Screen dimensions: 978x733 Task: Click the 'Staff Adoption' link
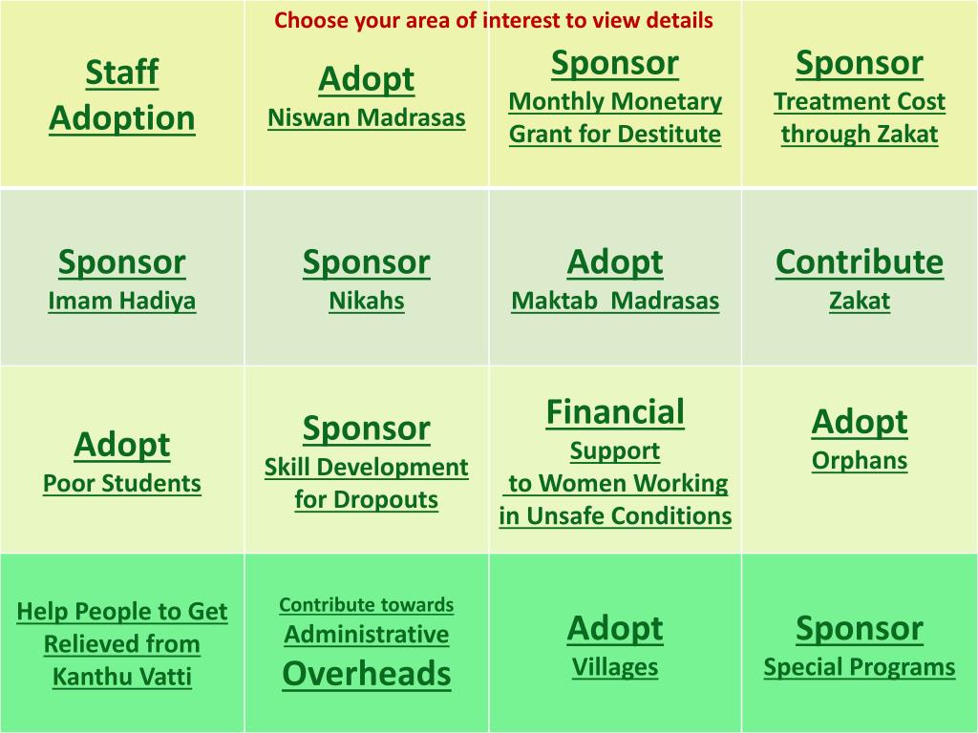coord(122,94)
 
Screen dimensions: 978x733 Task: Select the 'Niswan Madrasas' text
coord(367,117)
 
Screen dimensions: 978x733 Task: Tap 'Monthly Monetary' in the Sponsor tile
coord(615,101)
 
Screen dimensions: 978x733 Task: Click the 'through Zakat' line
coord(860,134)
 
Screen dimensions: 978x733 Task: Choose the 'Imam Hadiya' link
coord(122,301)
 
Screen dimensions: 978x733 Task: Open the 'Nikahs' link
coord(367,301)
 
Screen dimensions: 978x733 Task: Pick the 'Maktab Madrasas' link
coord(615,301)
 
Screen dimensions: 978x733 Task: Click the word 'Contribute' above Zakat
coord(860,262)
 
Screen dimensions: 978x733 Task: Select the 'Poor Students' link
coord(122,483)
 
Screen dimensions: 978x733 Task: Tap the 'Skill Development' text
coord(367,467)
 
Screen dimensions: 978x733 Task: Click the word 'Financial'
coord(615,412)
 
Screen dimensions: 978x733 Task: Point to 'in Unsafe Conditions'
coord(615,515)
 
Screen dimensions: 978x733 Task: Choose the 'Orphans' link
coord(860,461)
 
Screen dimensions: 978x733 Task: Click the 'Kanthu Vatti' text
coord(122,677)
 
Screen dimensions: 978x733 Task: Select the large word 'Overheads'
coord(367,674)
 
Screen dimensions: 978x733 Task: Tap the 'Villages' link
coord(615,667)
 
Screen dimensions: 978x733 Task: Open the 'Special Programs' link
coord(860,667)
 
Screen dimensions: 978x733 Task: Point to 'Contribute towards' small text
coord(367,604)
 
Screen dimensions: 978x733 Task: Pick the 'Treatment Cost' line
coord(860,101)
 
